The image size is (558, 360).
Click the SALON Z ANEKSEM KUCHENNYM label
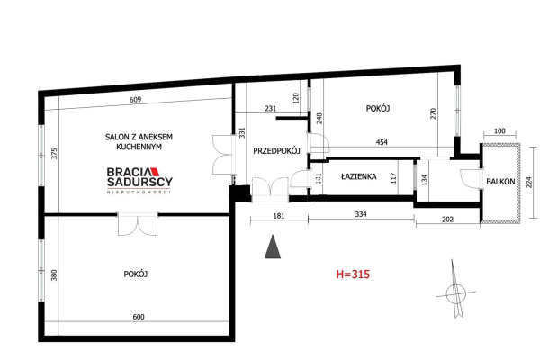point(139,142)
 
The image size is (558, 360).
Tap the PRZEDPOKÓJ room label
point(276,150)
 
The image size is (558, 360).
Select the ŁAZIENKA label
point(358,177)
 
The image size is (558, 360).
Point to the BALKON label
point(500,181)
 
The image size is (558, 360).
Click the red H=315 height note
point(353,273)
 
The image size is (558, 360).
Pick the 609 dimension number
point(137,100)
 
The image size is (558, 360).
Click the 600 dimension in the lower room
point(138,316)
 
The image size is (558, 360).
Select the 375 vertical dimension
point(54,153)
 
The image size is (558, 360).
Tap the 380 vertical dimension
point(54,275)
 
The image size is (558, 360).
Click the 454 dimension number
point(382,143)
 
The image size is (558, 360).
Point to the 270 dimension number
point(433,114)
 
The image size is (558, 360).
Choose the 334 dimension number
point(360,215)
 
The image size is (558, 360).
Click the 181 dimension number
point(279,215)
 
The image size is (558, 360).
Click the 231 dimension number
point(270,109)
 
